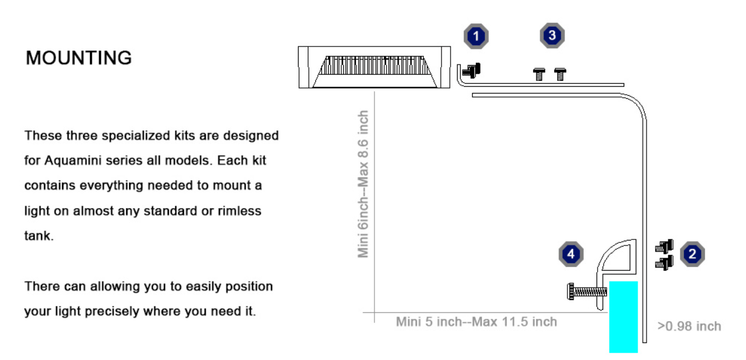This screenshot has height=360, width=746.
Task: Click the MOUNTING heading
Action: click(79, 58)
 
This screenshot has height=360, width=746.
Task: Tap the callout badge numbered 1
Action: click(476, 37)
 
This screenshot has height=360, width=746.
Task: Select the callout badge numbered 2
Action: click(692, 254)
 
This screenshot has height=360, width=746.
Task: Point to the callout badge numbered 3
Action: click(552, 36)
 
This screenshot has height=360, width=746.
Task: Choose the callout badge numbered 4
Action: click(571, 254)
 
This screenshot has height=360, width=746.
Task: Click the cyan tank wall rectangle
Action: click(623, 316)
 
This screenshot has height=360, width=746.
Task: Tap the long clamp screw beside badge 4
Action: click(586, 292)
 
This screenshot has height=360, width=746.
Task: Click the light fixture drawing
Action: click(375, 67)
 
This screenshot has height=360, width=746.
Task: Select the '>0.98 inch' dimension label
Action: click(689, 326)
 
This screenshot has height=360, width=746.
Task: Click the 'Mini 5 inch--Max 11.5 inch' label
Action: click(476, 321)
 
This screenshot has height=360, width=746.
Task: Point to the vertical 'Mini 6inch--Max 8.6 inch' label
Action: click(364, 184)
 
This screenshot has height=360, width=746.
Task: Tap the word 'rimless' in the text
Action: click(240, 211)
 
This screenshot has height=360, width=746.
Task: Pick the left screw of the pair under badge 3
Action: click(539, 74)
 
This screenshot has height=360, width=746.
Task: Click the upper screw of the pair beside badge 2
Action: click(664, 246)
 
